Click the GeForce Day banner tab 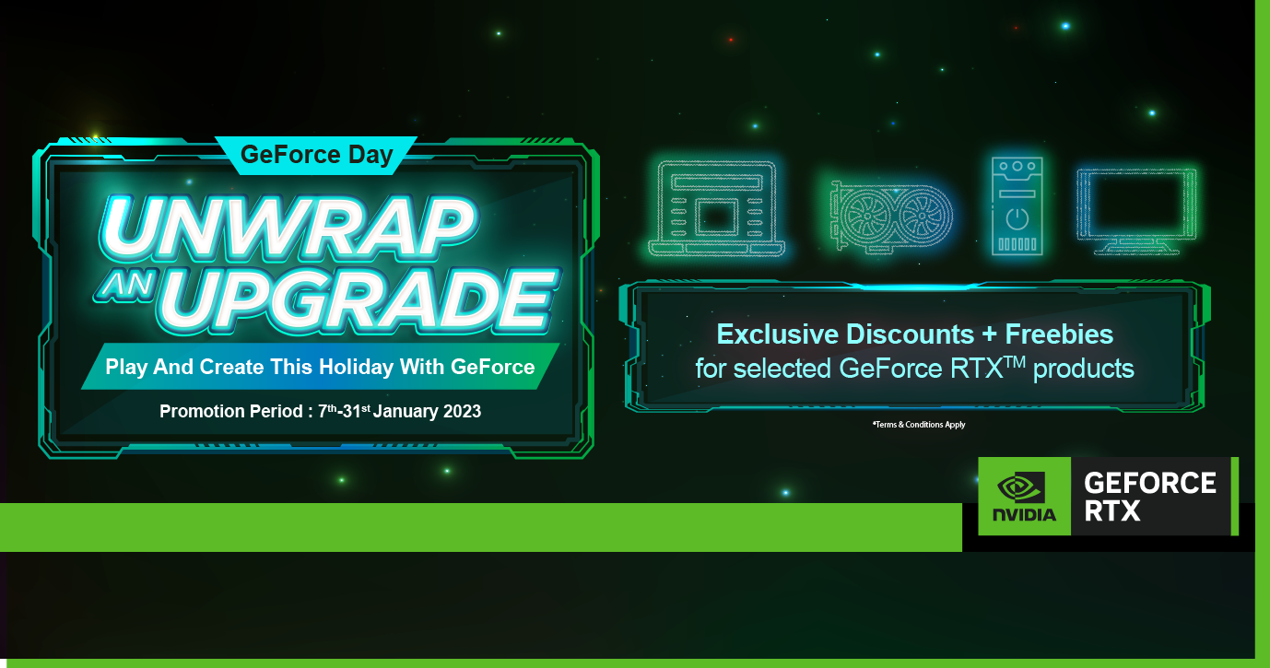pyautogui.click(x=316, y=155)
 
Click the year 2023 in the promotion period pyautogui.click(x=462, y=411)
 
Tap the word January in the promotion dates pyautogui.click(x=405, y=411)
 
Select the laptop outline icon pyautogui.click(x=717, y=208)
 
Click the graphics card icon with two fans pyautogui.click(x=891, y=216)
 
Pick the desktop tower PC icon pyautogui.click(x=1017, y=206)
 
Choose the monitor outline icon pyautogui.click(x=1136, y=211)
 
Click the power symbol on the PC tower pyautogui.click(x=1017, y=219)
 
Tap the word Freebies pyautogui.click(x=1059, y=334)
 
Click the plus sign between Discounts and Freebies pyautogui.click(x=989, y=334)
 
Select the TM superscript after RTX pyautogui.click(x=1015, y=361)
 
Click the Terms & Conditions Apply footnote pyautogui.click(x=919, y=425)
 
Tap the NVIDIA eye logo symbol pyautogui.click(x=1020, y=487)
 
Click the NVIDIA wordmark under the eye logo pyautogui.click(x=1024, y=514)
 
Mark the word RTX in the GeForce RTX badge pyautogui.click(x=1111, y=510)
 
